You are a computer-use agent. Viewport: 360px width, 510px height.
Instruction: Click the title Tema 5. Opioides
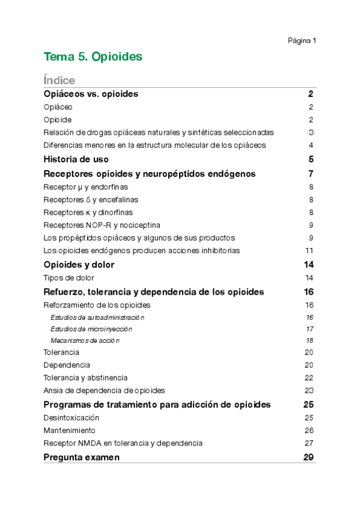(x=93, y=57)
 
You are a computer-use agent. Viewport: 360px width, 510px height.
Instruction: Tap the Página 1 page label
(x=302, y=40)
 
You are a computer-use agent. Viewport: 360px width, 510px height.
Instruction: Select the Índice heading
(x=59, y=80)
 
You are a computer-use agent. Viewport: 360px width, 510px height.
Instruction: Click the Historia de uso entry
(x=76, y=159)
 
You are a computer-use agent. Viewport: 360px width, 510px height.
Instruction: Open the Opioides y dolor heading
(x=79, y=265)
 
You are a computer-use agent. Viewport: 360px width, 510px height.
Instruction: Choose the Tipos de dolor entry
(x=69, y=278)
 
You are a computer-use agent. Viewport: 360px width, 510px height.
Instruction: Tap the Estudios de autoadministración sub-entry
(x=97, y=317)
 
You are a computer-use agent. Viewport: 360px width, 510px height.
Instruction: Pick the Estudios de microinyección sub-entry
(x=91, y=329)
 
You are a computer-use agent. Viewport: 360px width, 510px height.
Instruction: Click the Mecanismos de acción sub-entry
(x=85, y=340)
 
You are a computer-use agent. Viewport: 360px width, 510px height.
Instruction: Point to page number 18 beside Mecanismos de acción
(x=310, y=340)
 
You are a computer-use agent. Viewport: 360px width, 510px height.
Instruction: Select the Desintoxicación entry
(x=72, y=417)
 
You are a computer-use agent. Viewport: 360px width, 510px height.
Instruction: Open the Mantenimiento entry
(x=69, y=431)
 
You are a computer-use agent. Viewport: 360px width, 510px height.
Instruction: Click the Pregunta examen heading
(x=82, y=457)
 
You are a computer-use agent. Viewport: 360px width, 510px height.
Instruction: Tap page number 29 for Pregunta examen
(x=310, y=457)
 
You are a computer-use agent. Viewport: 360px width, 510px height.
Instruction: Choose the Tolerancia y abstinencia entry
(x=85, y=378)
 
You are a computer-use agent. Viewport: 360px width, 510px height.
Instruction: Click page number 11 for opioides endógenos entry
(x=310, y=250)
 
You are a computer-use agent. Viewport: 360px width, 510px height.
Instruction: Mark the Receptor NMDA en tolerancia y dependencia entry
(x=123, y=443)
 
